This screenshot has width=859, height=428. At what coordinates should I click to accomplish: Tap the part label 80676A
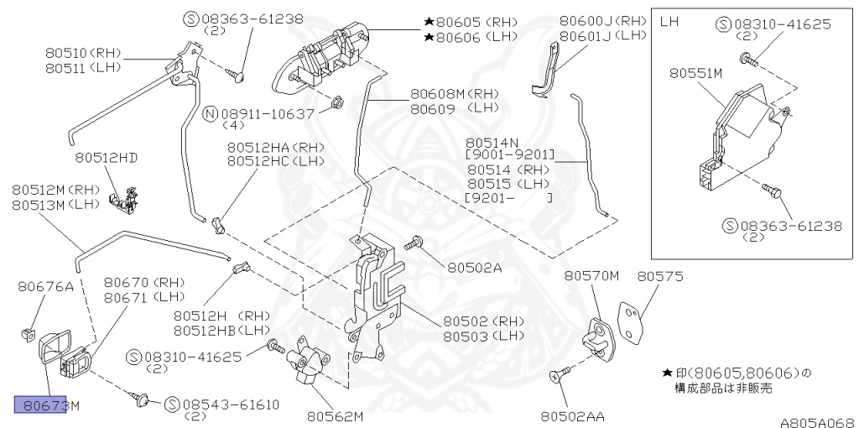click(46, 287)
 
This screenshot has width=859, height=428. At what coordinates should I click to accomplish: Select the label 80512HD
click(106, 157)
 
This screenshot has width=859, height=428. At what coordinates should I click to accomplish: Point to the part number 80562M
click(335, 415)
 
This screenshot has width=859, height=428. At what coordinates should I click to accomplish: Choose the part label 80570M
click(591, 275)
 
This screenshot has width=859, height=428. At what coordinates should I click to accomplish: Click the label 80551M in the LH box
click(695, 73)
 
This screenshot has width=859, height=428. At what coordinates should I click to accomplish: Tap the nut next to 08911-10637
click(336, 102)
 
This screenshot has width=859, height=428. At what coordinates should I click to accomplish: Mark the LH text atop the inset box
click(669, 21)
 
